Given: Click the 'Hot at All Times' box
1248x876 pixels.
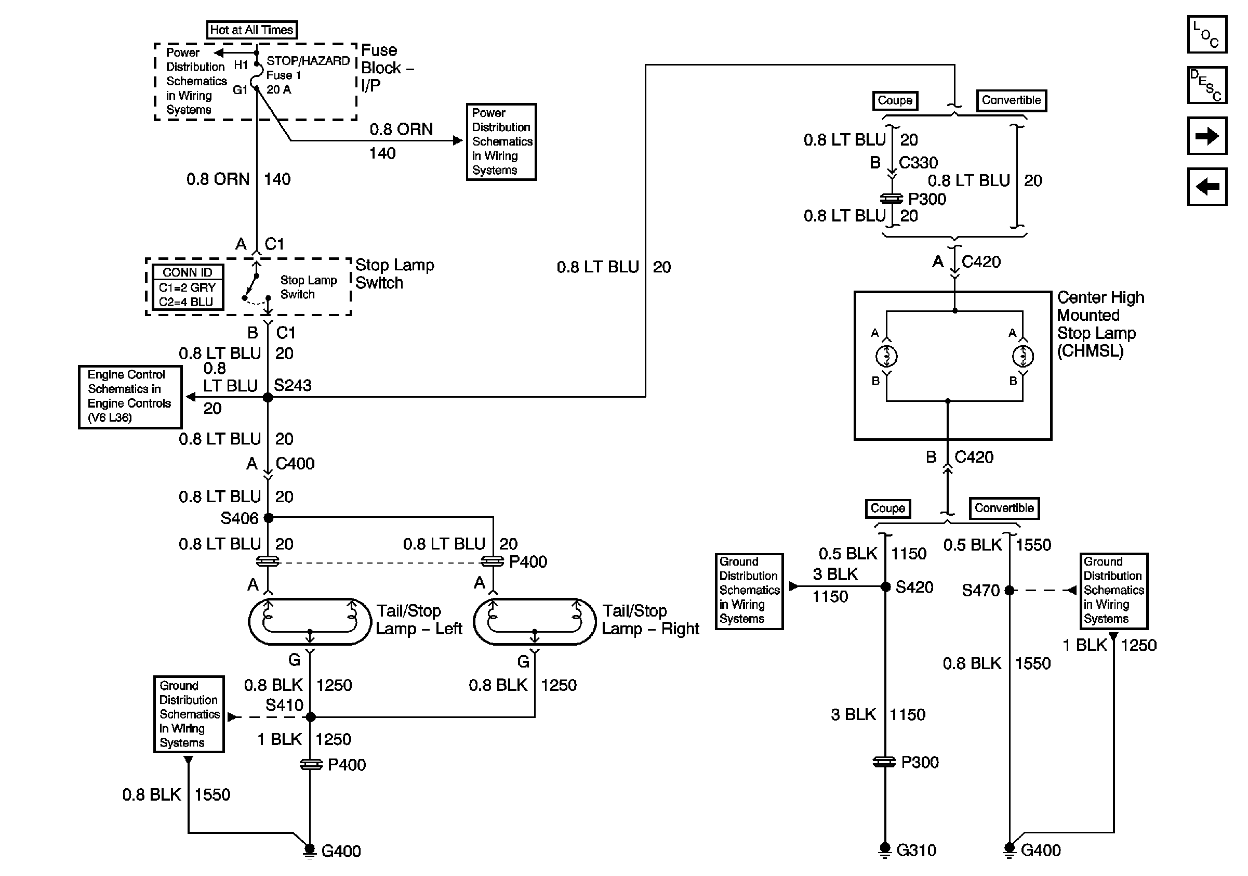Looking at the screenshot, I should [x=251, y=29].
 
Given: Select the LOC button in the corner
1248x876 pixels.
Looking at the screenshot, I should [x=1206, y=34].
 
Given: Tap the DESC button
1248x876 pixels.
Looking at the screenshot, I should [x=1206, y=85].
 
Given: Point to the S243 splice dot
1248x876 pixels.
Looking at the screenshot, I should [x=268, y=398].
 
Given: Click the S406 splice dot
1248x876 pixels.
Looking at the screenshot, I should [x=268, y=518].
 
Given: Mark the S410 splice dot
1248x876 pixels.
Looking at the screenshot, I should [x=310, y=717].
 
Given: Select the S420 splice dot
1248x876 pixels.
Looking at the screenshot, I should [x=885, y=587].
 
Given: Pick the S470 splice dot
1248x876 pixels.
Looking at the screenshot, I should [x=1010, y=590].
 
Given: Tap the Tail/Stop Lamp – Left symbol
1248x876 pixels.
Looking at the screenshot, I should [x=310, y=622].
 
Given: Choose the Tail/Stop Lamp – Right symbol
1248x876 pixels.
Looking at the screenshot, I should [x=535, y=622].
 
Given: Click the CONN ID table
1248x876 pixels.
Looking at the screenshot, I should [x=188, y=287].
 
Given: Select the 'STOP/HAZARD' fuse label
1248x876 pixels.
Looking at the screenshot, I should [x=308, y=61].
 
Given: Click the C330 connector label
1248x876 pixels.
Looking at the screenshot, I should [x=919, y=163].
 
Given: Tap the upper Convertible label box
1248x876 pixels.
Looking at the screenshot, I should [x=1011, y=100].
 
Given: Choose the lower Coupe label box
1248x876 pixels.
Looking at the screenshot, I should [x=887, y=508].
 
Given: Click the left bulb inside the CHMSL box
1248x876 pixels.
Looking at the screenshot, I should [x=886, y=356].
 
